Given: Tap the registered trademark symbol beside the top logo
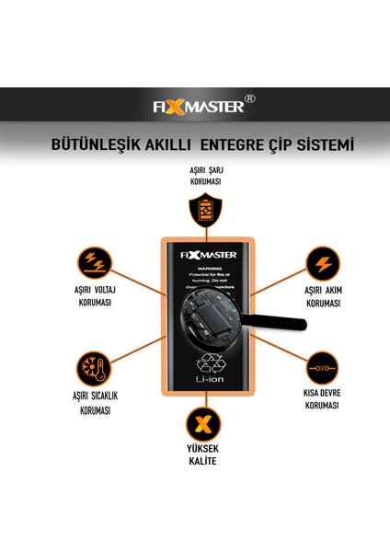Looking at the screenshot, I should click(249, 96).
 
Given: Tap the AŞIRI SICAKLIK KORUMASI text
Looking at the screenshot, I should click(94, 404).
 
